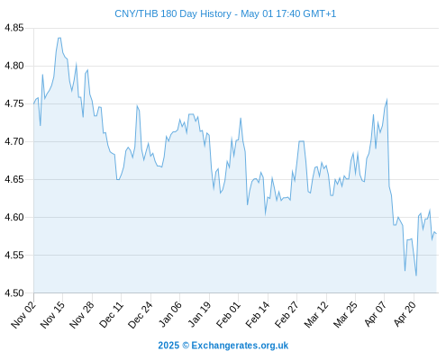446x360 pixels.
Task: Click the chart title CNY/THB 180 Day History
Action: click(173, 13)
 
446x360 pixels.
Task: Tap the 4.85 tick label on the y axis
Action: click(14, 28)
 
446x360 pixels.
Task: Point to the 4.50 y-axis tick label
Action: click(14, 293)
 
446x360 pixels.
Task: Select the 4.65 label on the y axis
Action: click(14, 180)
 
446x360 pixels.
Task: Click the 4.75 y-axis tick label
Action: click(14, 103)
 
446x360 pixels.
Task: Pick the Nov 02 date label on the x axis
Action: click(23, 315)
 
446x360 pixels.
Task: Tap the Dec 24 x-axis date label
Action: click(141, 315)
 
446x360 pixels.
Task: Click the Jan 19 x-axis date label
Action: click(199, 315)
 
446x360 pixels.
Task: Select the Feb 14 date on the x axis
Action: click(258, 315)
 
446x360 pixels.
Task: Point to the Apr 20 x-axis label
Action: click(405, 314)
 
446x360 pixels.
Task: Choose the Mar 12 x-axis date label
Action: click(316, 315)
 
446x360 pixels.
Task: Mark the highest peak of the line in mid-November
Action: click(59, 38)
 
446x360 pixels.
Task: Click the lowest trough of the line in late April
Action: click(416, 275)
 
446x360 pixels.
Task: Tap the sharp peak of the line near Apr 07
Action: click(387, 100)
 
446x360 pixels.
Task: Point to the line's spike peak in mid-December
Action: click(137, 106)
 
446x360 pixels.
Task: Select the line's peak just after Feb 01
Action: click(241, 119)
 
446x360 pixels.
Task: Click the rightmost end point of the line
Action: click(436, 234)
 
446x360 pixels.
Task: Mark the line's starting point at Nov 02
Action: click(33, 103)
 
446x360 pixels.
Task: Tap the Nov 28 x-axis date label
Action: click(82, 315)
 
